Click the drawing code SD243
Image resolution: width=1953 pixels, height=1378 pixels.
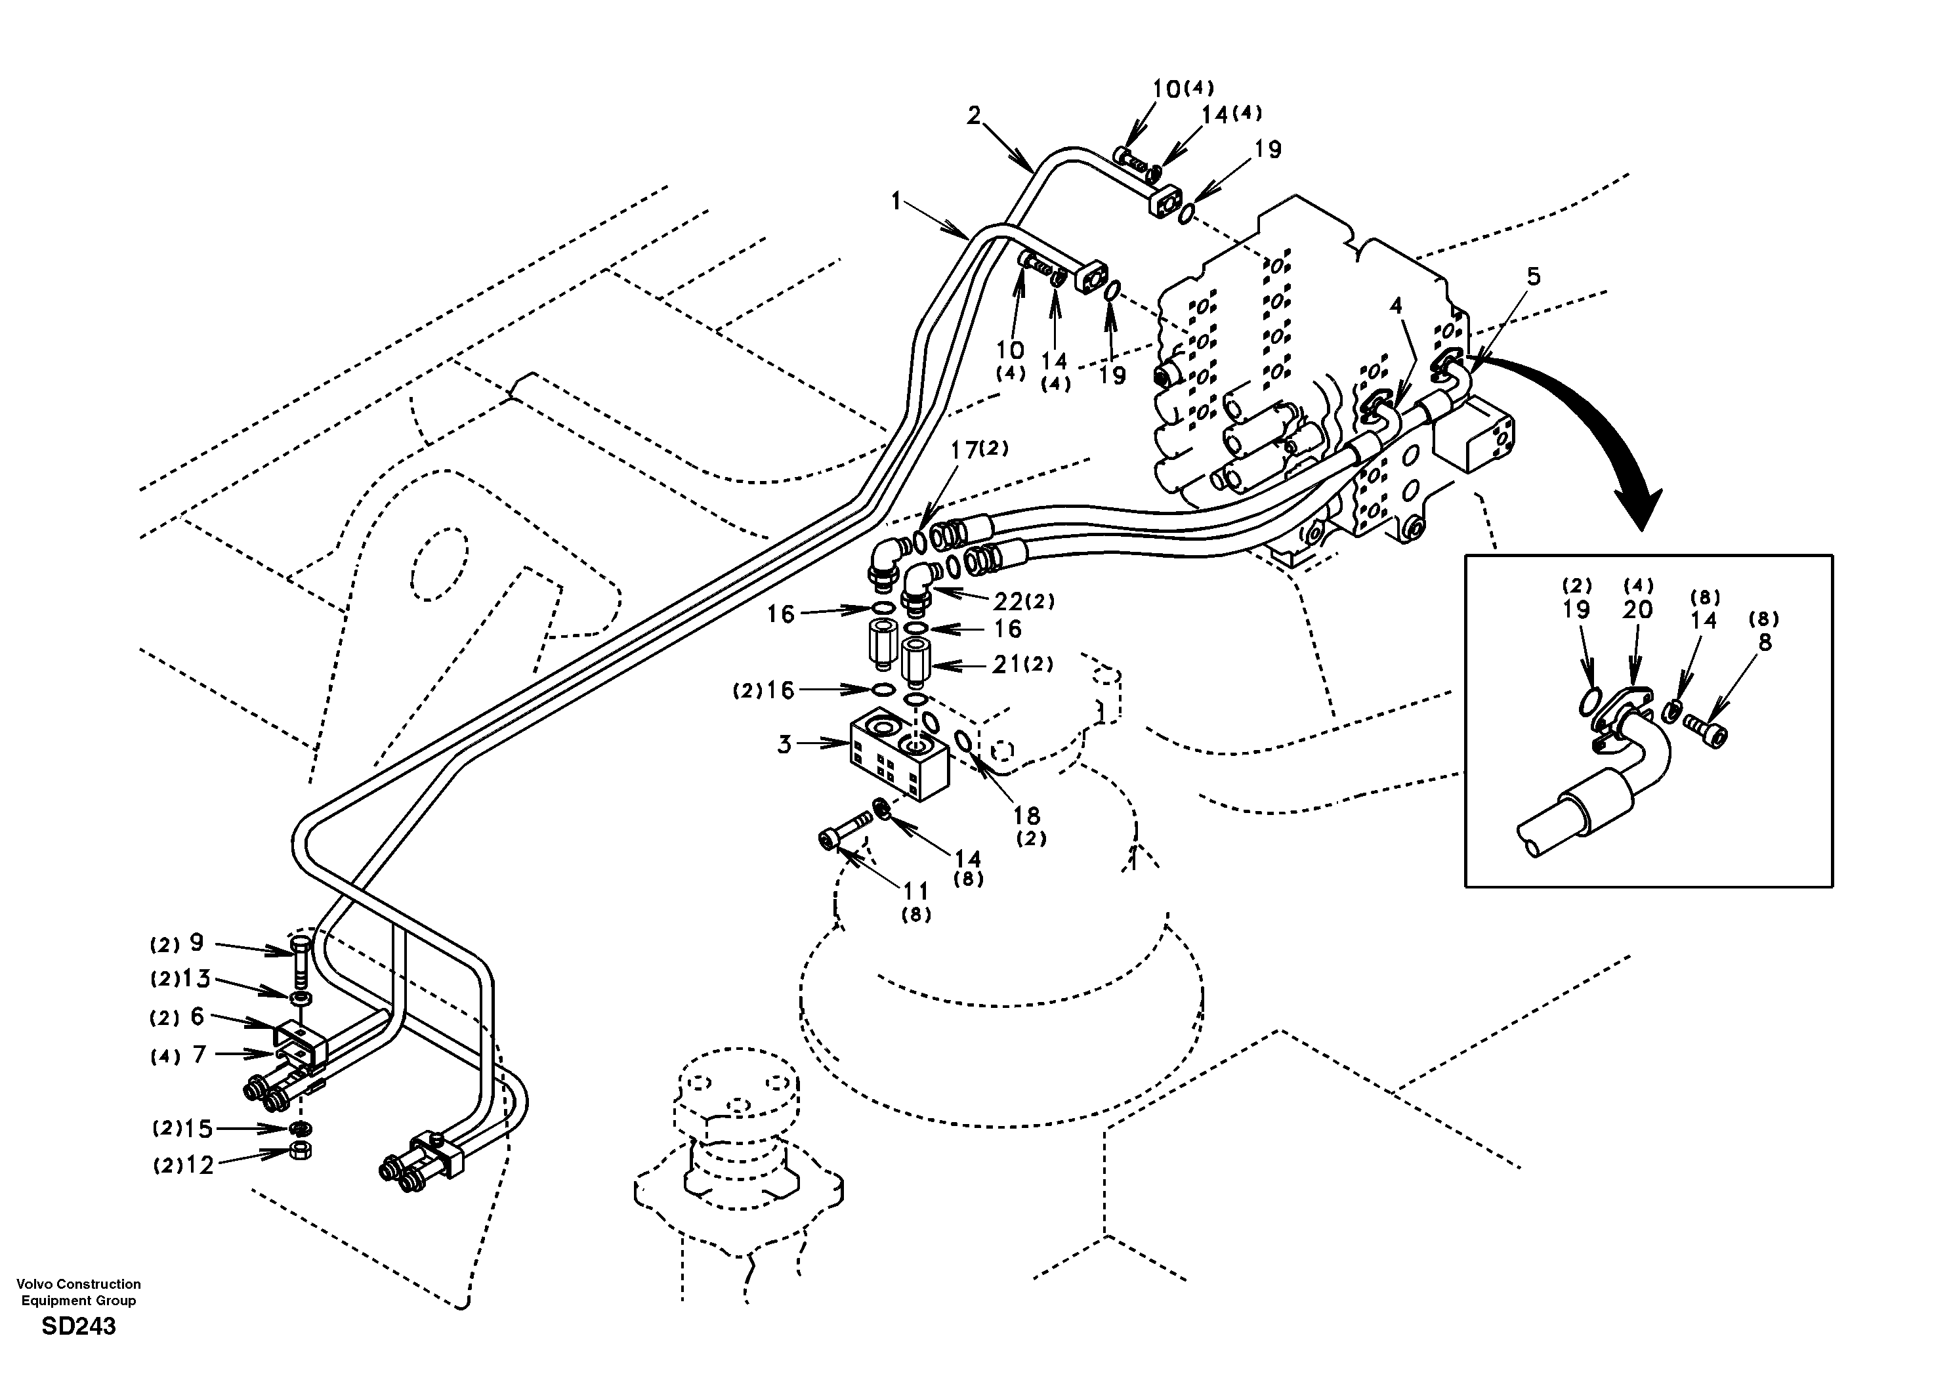(78, 1326)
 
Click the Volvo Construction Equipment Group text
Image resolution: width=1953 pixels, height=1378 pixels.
(78, 1292)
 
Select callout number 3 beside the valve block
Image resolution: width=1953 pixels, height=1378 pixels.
(784, 745)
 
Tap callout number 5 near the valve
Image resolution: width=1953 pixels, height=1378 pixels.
(1533, 276)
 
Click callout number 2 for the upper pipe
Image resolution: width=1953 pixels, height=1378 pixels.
(974, 115)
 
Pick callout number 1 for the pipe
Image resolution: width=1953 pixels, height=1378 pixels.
(896, 201)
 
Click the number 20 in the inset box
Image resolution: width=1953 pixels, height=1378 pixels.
(1637, 609)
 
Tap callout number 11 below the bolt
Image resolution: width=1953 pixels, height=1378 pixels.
(916, 890)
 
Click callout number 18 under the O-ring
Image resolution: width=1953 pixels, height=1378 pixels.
(1026, 816)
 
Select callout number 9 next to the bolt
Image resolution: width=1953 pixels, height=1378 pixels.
(196, 942)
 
